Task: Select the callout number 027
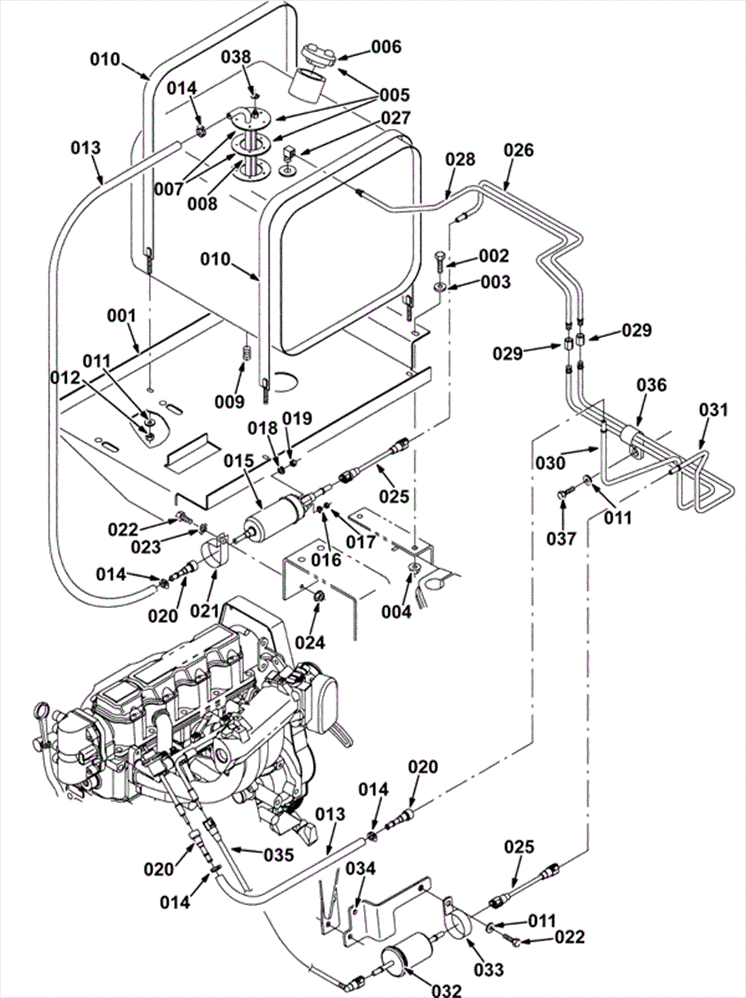click(396, 117)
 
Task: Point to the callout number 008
click(203, 203)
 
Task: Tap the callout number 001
click(122, 316)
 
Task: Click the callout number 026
click(519, 150)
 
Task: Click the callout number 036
click(652, 385)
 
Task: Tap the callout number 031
click(713, 410)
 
